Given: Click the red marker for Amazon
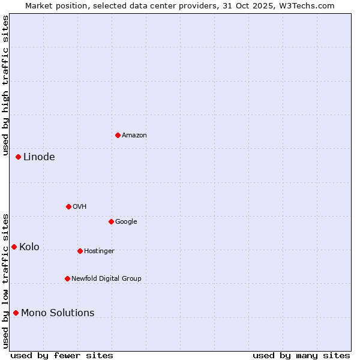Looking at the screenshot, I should [x=118, y=135].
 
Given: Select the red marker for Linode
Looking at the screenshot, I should [x=18, y=157].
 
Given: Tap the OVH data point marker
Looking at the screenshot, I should [x=68, y=206].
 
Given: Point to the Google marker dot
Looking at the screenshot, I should [x=111, y=221].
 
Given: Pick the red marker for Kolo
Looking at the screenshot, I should [x=14, y=247].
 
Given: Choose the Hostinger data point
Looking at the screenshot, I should [x=80, y=251].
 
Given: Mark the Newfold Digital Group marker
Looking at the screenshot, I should [x=67, y=278].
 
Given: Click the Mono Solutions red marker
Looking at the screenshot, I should [x=16, y=313].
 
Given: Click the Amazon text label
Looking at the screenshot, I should [x=134, y=136].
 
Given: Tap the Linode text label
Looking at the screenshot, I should [x=39, y=157].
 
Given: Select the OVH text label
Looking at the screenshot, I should [x=80, y=207].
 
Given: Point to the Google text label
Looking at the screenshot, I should [x=126, y=222].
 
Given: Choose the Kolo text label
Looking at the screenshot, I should [x=29, y=247].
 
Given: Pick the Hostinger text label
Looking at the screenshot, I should [x=99, y=251].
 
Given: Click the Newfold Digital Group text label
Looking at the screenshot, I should [x=106, y=279].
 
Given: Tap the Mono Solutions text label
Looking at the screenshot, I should [x=58, y=313].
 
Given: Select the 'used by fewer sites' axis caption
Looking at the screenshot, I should [x=62, y=355].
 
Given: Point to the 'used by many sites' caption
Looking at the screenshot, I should [x=301, y=355].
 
